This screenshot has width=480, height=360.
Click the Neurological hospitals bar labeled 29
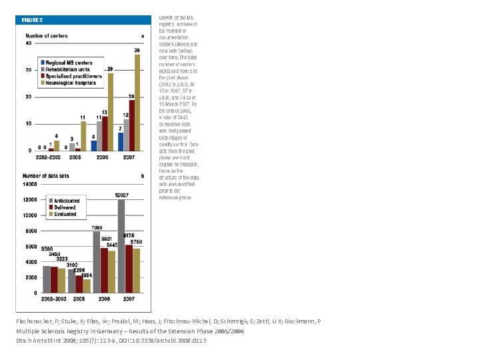point(110,111)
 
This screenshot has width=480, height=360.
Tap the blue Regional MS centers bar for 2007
point(121,141)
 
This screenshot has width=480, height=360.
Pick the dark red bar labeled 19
point(131,125)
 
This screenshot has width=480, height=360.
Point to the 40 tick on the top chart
point(28,43)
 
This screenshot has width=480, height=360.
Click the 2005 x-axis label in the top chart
point(76,157)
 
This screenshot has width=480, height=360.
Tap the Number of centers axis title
point(47,35)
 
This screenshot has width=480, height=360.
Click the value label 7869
point(97,227)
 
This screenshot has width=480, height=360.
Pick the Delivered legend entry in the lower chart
point(65,207)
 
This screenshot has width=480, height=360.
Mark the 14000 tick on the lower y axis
point(30,184)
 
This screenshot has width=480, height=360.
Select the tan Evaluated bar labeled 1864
point(87,286)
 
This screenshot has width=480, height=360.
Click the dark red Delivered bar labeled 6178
point(129,269)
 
